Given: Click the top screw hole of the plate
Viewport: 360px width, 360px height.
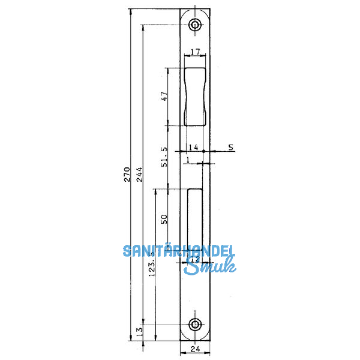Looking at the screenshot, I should tap(194, 25).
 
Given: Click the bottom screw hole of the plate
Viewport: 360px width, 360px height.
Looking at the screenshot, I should tap(194, 325).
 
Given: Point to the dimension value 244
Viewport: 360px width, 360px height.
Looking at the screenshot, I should tap(139, 175).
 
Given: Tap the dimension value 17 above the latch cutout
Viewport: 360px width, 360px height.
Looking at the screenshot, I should tap(194, 52).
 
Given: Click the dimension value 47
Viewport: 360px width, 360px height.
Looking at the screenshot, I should tap(164, 97).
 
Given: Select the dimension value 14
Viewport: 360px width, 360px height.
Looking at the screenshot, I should tap(193, 147).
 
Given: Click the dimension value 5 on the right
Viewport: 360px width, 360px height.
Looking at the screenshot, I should tap(230, 147).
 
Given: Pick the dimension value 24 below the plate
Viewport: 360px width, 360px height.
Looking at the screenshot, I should tap(194, 349).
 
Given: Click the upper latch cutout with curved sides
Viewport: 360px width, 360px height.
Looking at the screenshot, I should tap(194, 96).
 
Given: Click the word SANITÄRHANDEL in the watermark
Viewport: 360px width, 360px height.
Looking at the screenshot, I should tap(179, 251).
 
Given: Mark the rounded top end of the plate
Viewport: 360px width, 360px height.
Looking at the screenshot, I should tap(194, 11).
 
